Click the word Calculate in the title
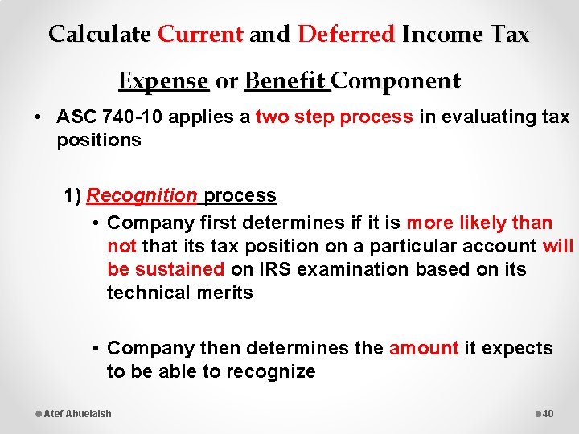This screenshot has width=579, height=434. (99, 35)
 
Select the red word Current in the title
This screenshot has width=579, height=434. (200, 35)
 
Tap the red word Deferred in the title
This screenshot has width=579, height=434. (347, 35)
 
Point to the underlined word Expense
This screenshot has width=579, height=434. (163, 81)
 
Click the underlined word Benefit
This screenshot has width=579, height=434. (285, 81)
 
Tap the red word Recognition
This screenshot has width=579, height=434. (142, 195)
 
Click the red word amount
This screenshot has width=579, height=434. (424, 348)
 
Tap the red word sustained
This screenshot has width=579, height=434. (179, 269)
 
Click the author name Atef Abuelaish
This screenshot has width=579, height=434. (77, 413)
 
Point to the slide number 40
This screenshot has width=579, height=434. (548, 413)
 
